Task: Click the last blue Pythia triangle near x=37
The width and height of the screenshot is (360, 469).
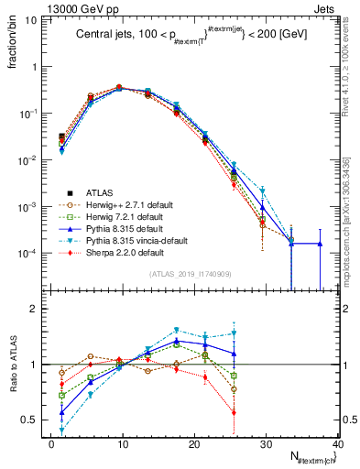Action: pyautogui.click(x=320, y=244)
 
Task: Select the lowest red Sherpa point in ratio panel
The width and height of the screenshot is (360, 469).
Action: pyautogui.click(x=234, y=412)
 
